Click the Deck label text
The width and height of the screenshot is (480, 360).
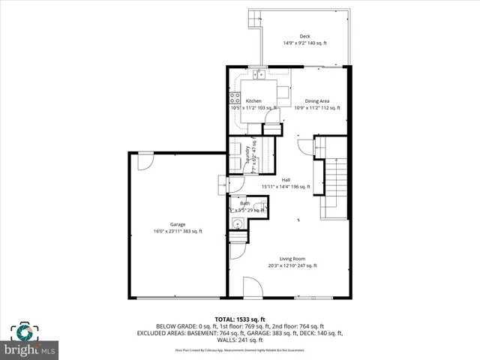tap(304, 36)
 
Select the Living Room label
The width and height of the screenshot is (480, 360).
tap(292, 259)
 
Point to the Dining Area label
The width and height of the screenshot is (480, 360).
tap(316, 100)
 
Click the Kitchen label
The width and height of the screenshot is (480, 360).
tap(253, 100)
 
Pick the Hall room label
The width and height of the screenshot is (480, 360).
tap(286, 179)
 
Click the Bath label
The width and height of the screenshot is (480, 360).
tap(245, 203)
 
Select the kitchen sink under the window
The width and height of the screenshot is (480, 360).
tap(258, 75)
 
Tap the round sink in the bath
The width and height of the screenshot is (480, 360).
tap(238, 223)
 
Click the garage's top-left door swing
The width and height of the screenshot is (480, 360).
tap(145, 160)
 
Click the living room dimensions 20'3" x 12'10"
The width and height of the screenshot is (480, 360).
tap(292, 265)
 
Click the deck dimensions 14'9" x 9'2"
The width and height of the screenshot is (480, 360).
tap(304, 43)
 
